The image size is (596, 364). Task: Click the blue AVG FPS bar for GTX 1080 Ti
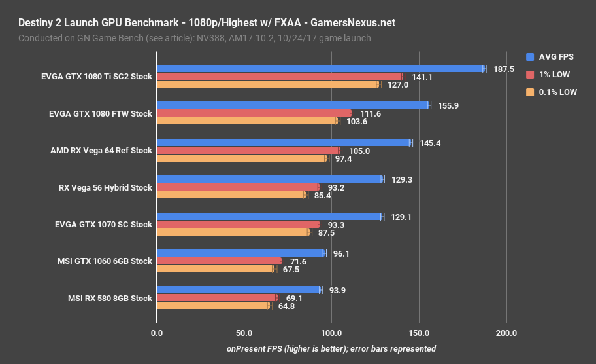[320, 69]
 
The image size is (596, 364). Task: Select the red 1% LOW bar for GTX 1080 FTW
[254, 113]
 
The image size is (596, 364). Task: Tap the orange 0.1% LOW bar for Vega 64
[241, 158]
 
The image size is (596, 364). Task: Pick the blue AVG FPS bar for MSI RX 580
[239, 290]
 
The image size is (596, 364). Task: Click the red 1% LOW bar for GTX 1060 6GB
[219, 261]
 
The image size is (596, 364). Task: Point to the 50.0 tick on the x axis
[244, 333]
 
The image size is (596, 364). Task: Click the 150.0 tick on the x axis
[419, 333]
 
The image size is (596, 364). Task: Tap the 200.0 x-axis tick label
[506, 333]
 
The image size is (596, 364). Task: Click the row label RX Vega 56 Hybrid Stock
[105, 187]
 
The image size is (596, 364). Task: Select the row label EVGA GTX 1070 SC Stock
[103, 224]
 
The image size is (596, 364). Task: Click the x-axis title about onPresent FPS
[331, 348]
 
